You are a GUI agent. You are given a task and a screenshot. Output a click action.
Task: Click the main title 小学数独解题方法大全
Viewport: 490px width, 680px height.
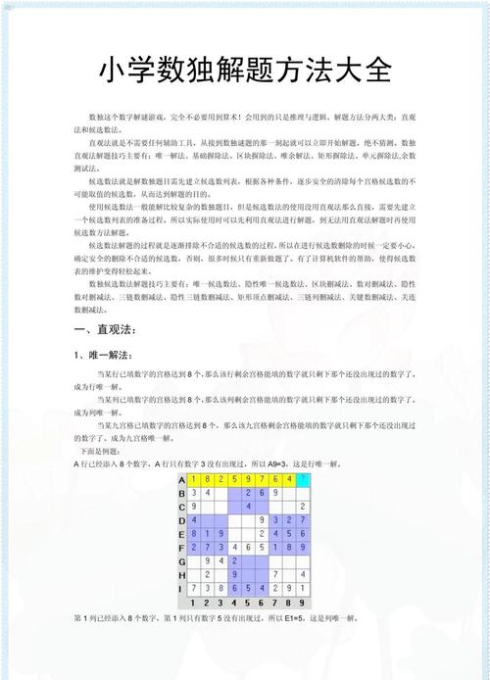pos(245,71)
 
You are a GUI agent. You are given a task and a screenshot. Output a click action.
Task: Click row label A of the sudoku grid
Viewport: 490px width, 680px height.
pos(181,479)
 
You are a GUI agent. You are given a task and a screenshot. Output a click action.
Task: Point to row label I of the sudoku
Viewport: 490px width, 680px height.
pos(181,588)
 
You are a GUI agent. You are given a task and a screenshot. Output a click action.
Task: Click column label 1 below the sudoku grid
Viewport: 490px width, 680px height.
pos(194,602)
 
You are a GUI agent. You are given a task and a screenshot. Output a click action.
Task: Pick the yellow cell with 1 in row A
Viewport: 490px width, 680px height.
pos(194,479)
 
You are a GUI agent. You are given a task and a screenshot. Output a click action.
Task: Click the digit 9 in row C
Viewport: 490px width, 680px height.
pos(194,507)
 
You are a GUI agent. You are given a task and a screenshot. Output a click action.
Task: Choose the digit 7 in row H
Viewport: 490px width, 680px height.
pos(276,574)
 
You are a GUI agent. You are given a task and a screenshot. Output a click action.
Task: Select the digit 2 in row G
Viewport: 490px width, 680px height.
pos(235,560)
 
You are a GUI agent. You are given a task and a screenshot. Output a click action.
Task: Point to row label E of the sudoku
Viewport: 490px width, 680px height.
pos(181,534)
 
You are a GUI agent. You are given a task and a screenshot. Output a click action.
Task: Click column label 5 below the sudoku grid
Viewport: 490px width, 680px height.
pos(249,602)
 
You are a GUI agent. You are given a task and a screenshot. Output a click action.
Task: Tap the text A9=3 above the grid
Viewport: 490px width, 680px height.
pos(280,462)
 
